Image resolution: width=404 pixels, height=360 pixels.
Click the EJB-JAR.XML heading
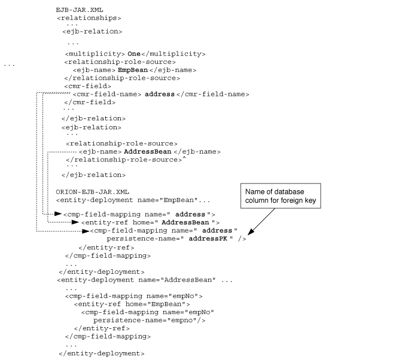[x=80, y=10]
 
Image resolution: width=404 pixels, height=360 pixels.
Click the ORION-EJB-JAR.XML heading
[x=92, y=192]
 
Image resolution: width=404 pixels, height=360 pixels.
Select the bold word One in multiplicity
[x=134, y=54]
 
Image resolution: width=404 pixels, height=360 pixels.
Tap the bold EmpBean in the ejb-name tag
[x=133, y=70]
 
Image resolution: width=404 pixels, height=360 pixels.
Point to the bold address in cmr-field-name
[x=159, y=94]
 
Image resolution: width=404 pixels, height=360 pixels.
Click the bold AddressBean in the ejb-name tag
[x=147, y=152]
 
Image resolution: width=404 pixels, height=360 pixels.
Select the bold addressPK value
[x=208, y=239]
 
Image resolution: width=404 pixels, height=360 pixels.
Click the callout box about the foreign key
[x=281, y=196]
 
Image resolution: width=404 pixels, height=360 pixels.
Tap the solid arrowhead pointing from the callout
[x=250, y=231]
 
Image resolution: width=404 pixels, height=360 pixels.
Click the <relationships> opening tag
[x=89, y=18]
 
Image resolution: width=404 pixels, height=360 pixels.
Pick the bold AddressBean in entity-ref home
[x=185, y=222]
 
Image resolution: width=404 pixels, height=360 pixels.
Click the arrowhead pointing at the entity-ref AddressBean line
[x=75, y=222]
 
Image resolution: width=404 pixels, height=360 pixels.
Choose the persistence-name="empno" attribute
[x=149, y=321]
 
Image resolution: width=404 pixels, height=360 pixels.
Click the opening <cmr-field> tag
[x=87, y=86]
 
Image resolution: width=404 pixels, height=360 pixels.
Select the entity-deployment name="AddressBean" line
[x=145, y=280]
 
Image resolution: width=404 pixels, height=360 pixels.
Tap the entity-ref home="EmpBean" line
[x=132, y=304]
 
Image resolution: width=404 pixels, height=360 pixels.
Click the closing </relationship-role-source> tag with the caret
[x=126, y=160]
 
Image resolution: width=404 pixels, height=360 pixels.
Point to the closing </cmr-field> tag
[x=90, y=102]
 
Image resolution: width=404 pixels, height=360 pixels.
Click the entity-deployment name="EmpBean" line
[x=133, y=200]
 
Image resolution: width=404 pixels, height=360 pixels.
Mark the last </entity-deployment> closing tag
[x=102, y=353]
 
